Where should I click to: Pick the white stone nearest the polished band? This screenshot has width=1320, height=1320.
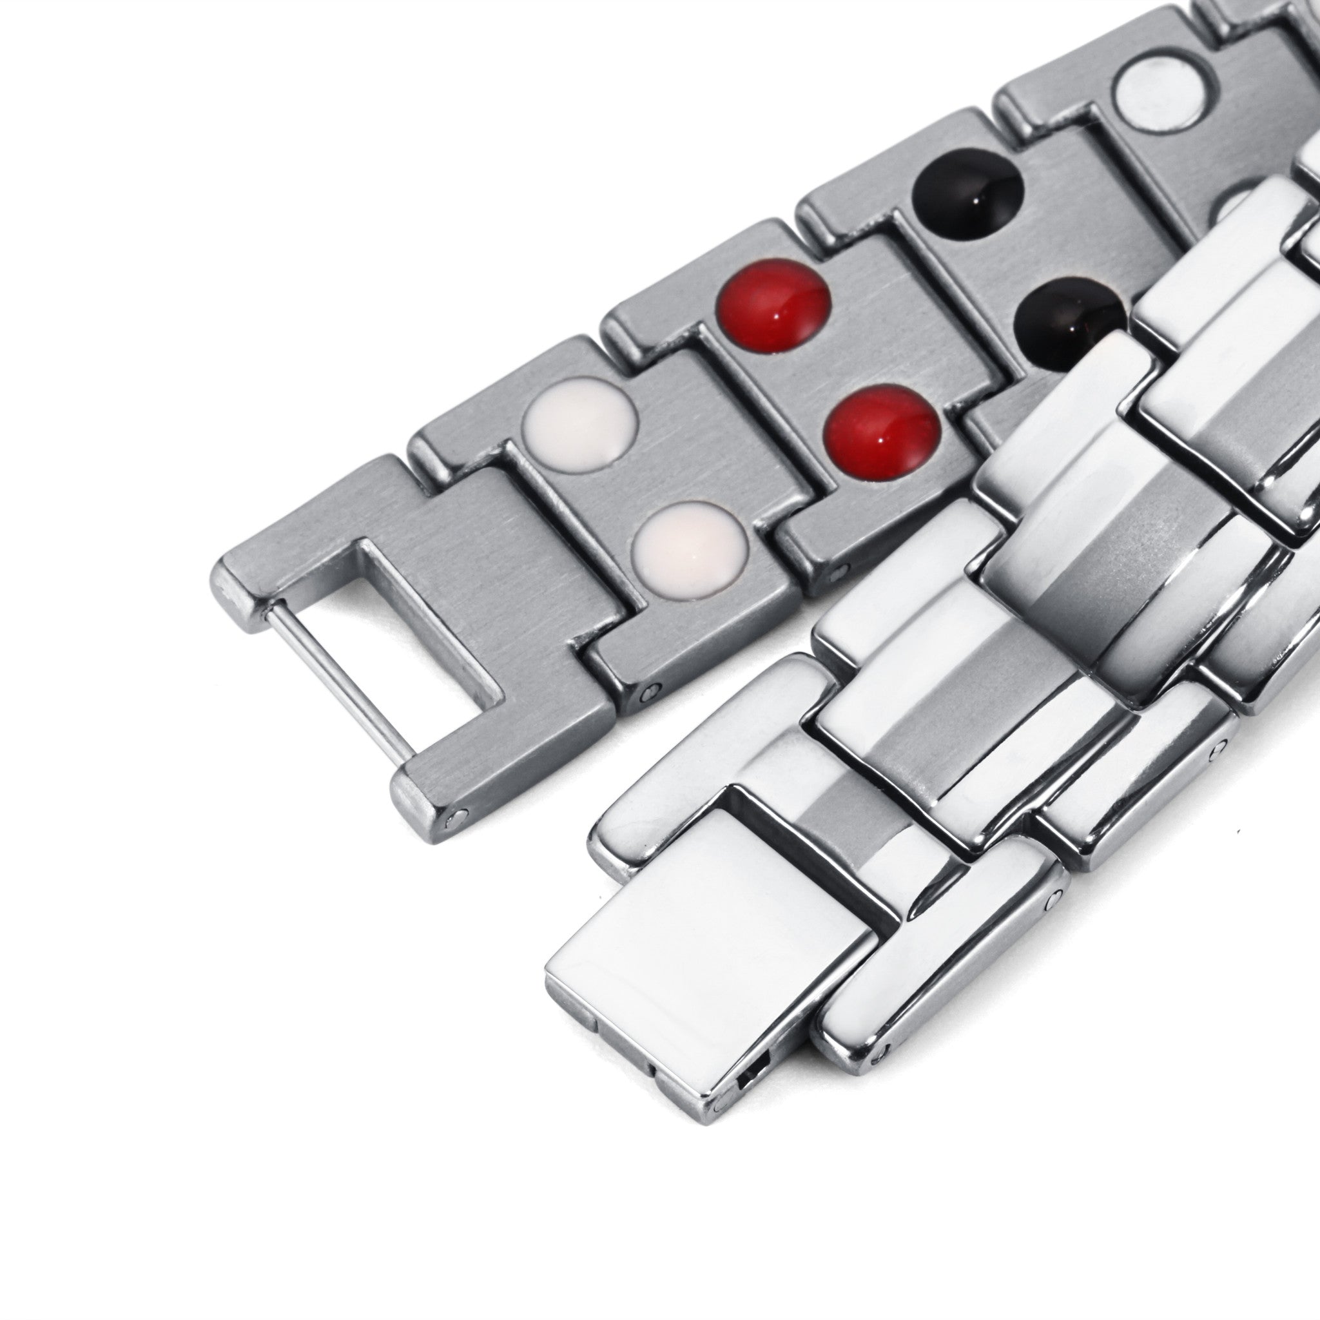click(690, 541)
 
